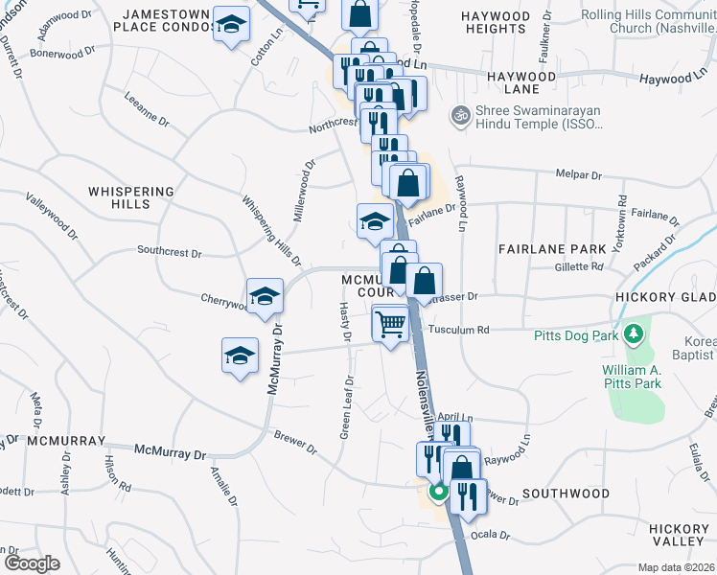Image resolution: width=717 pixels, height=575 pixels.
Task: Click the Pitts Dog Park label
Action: [577, 335]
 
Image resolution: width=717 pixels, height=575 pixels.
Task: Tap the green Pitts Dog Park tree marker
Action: [632, 334]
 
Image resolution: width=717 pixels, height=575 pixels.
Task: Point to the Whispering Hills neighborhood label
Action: [131, 197]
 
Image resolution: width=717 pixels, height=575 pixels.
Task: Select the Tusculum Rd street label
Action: [459, 330]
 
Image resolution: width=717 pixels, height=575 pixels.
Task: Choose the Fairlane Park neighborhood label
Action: [552, 248]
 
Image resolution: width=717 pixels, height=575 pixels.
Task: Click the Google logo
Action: [31, 563]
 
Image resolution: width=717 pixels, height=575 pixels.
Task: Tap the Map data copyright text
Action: [677, 567]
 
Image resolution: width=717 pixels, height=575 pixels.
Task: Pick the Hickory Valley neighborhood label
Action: [678, 535]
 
